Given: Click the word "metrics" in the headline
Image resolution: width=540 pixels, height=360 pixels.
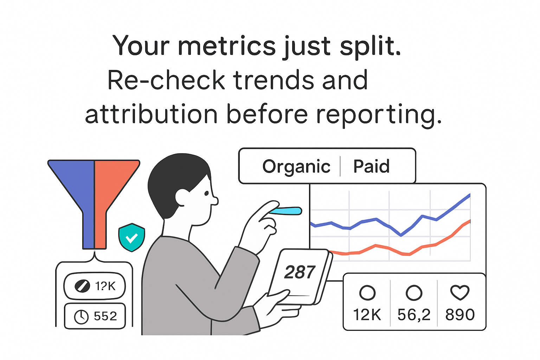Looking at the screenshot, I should point(227,46).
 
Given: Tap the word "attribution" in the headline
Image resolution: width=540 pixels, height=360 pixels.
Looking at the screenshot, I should point(151,115).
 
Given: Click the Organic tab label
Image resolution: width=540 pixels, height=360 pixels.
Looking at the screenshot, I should point(296,166).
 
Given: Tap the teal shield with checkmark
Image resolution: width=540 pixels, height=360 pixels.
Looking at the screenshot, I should point(131,238).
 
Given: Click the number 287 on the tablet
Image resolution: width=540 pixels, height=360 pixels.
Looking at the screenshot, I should point(300,272).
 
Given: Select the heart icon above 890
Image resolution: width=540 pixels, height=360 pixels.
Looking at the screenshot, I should point(459,292).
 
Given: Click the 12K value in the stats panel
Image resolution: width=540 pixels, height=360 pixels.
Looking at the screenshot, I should point(367,315).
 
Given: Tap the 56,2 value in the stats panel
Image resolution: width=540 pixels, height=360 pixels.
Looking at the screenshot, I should point(413,315).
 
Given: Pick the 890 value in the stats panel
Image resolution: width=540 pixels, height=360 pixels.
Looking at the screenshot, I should point(460,315).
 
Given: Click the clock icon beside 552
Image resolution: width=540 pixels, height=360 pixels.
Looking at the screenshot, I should point(81,317).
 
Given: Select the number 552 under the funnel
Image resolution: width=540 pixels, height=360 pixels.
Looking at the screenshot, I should point(105,316).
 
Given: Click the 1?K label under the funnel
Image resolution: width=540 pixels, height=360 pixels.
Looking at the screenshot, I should point(105,286).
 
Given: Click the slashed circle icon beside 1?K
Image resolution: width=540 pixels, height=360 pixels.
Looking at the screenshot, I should point(82,286).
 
